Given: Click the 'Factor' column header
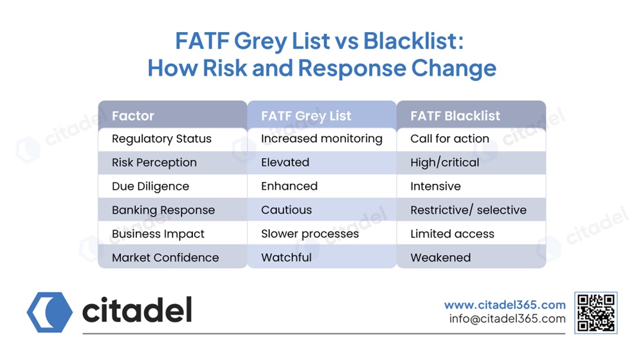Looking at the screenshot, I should [133, 116].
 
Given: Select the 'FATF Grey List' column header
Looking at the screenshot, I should [306, 116].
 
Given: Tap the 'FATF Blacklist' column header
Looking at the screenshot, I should [455, 116].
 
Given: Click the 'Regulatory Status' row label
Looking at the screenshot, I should [161, 139].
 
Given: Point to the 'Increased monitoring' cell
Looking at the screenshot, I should [321, 139].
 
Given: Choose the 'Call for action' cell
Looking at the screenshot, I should [449, 139].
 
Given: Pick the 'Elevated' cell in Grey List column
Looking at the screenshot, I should [285, 163].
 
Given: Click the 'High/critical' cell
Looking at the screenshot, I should [445, 163].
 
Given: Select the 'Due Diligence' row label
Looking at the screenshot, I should [150, 186].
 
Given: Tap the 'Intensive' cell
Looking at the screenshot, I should [435, 186].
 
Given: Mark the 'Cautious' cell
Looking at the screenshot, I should [286, 210].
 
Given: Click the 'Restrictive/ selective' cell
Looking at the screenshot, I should [468, 210].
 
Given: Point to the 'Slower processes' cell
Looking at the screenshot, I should [310, 234].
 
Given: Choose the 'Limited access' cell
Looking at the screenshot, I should [452, 234].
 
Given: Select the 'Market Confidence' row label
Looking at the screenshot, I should [165, 258].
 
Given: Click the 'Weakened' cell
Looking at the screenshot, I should [440, 258].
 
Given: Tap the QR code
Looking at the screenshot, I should [596, 313].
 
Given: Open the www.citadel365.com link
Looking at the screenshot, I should [505, 305].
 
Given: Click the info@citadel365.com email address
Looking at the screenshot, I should [507, 319].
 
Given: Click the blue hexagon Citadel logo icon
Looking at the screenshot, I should [50, 312].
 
